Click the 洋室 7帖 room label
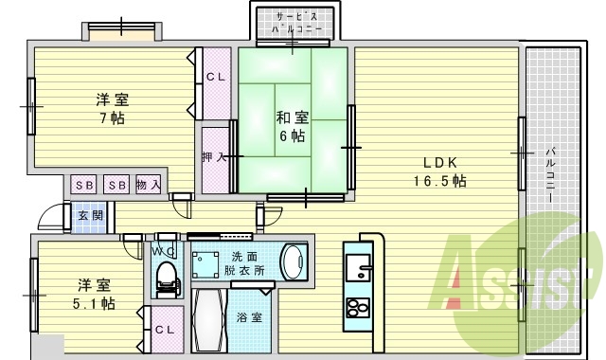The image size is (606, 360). [112, 109]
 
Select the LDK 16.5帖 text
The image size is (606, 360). [437, 171]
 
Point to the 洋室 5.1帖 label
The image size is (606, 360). [93, 294]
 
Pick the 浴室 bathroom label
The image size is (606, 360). [251, 318]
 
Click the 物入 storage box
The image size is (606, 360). [148, 184]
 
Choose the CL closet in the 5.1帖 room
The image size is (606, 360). [164, 330]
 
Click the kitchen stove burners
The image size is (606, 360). [358, 309]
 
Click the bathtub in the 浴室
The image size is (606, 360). [209, 323]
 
